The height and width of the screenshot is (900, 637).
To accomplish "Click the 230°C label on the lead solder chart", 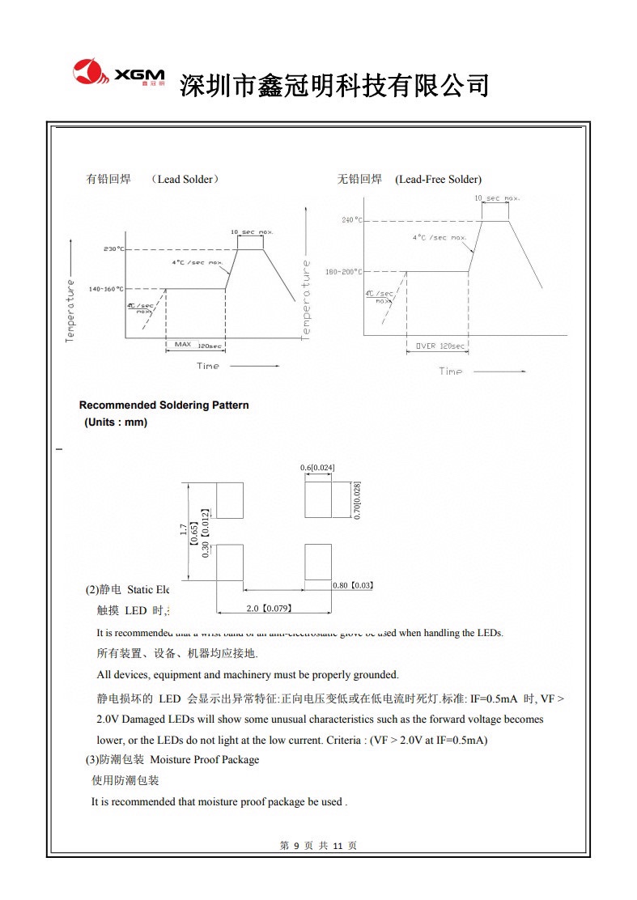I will [x=114, y=248].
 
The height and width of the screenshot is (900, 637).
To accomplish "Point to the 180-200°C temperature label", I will [x=343, y=272].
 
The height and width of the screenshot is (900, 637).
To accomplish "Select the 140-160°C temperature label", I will [x=107, y=289].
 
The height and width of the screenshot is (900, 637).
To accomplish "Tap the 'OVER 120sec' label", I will [x=440, y=346].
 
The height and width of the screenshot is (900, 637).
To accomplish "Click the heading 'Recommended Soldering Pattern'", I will [x=163, y=405].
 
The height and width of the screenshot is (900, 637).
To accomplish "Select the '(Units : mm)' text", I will [x=116, y=422].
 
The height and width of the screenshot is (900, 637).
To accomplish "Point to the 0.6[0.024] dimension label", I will [x=317, y=468].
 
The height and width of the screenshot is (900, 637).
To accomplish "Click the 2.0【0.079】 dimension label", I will [x=269, y=608].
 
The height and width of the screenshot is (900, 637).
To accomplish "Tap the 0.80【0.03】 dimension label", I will [x=352, y=584].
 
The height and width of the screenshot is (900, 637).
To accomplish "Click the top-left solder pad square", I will [x=230, y=500].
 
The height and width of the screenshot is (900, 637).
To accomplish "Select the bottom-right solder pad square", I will [x=317, y=562].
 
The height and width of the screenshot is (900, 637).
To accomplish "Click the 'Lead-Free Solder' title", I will [x=438, y=179].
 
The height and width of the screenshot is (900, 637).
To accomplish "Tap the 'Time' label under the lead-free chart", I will [x=451, y=371].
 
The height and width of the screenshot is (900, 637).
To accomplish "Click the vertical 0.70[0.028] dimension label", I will [x=357, y=499].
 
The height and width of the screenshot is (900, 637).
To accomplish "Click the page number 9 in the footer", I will [x=296, y=846].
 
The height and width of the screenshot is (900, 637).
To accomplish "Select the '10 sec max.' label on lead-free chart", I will [x=497, y=198].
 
